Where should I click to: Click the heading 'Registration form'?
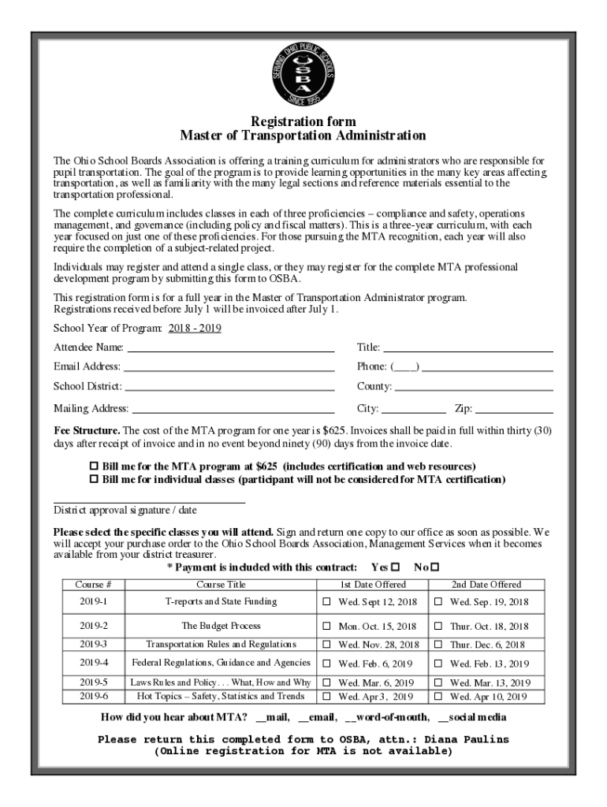tap(303, 121)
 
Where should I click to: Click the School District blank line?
tap(229, 389)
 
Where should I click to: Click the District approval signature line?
tap(149, 501)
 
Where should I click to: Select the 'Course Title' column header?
tap(221, 585)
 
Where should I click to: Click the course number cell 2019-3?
tap(94, 645)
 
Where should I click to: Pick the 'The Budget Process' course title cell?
tap(221, 626)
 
